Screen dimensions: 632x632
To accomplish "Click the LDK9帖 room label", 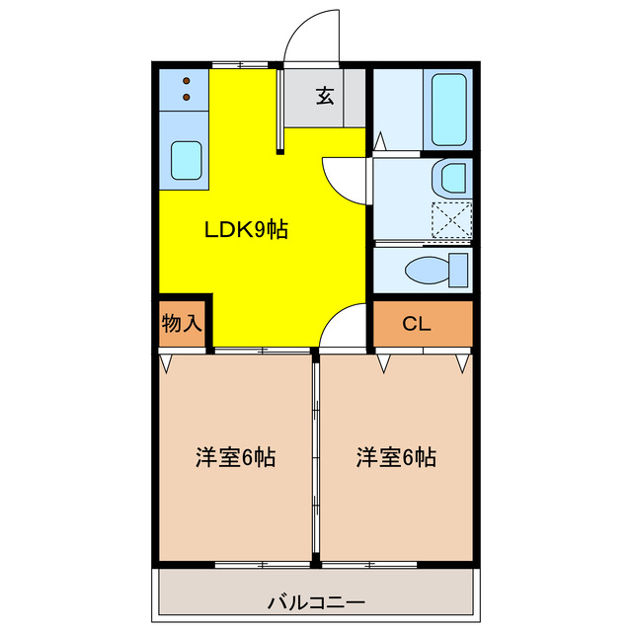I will [x=246, y=230].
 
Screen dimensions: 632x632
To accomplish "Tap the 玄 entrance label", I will [x=325, y=96].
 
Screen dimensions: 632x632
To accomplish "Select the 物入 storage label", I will [x=181, y=323].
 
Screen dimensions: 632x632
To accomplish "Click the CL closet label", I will [x=416, y=324].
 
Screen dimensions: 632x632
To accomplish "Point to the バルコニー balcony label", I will [x=316, y=601].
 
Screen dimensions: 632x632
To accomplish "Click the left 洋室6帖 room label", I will [x=234, y=458].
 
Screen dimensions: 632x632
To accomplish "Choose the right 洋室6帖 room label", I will [x=396, y=458].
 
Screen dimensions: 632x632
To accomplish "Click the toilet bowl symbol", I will [x=429, y=269].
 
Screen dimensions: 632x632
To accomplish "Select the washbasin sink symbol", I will [x=451, y=179].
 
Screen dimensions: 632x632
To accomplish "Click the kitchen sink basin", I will [x=186, y=160].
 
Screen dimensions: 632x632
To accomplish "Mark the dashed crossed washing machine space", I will [x=451, y=219].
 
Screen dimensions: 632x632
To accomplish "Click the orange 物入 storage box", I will [x=181, y=324].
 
